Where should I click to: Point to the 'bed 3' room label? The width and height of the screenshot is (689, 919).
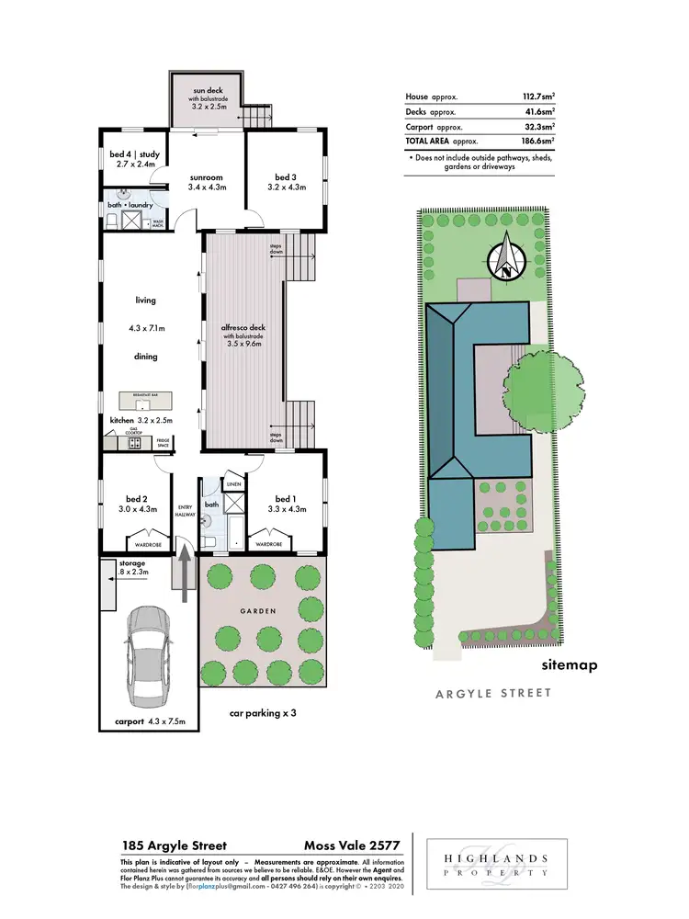point(286,176)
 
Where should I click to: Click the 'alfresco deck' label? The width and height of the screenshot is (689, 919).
point(243,328)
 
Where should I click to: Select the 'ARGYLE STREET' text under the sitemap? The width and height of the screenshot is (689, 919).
point(493,693)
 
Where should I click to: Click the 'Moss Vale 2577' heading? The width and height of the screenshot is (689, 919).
point(353,846)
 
